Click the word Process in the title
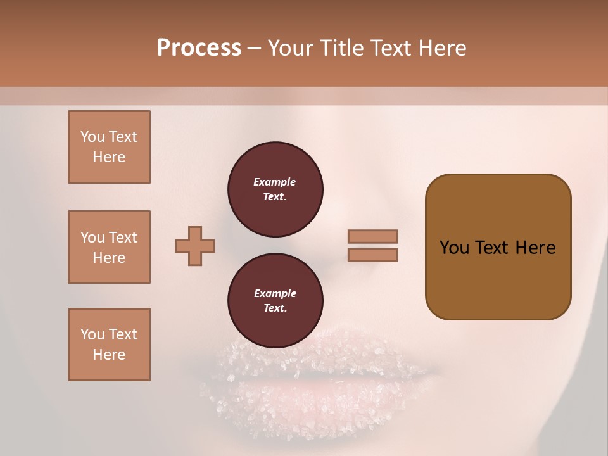[199, 48]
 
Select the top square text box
[109, 147]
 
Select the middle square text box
[109, 247]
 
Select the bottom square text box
[109, 344]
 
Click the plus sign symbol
[195, 246]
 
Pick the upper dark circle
[275, 189]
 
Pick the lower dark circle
[275, 300]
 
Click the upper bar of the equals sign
[372, 236]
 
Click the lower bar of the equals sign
[372, 255]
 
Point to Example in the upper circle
[274, 182]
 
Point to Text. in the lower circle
[274, 308]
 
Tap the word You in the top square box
[92, 137]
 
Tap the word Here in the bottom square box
[109, 355]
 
